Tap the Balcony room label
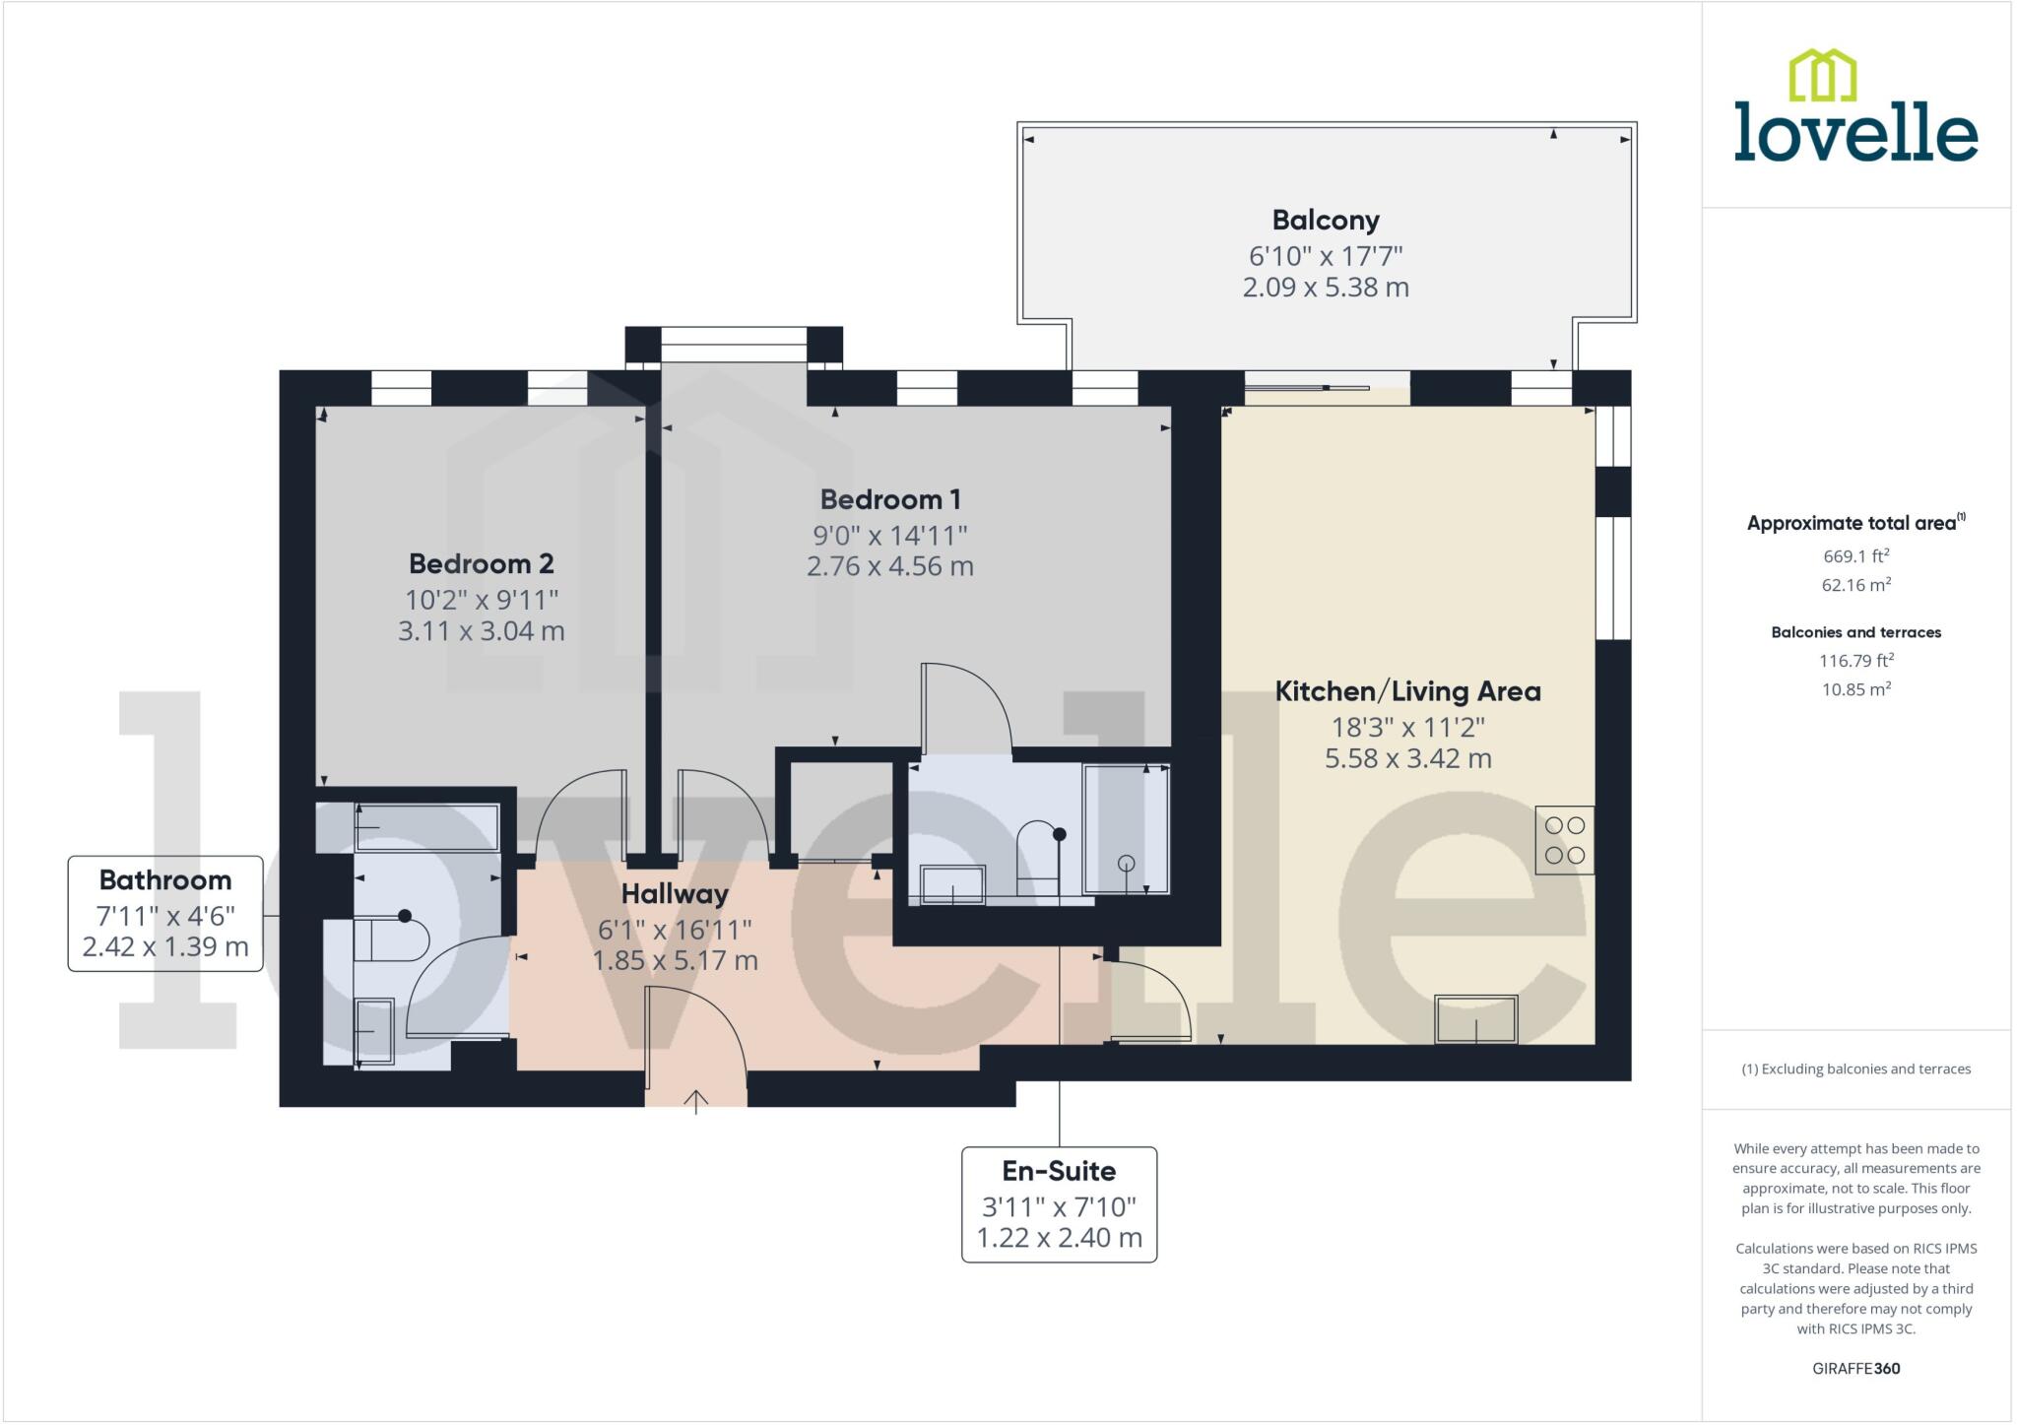click(1325, 220)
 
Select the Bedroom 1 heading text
click(889, 499)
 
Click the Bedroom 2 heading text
click(481, 563)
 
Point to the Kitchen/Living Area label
click(1407, 691)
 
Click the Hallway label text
click(675, 894)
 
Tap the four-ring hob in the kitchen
click(1564, 840)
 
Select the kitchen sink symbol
click(1475, 1018)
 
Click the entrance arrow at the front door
click(696, 1101)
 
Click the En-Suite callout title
click(1059, 1171)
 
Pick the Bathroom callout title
click(165, 880)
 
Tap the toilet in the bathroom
click(391, 940)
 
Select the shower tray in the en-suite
click(1126, 829)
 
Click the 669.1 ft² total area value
click(1855, 555)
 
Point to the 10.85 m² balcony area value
click(1855, 689)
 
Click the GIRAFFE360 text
click(1855, 1368)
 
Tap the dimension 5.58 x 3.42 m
click(1407, 758)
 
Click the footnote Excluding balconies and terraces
click(1855, 1069)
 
